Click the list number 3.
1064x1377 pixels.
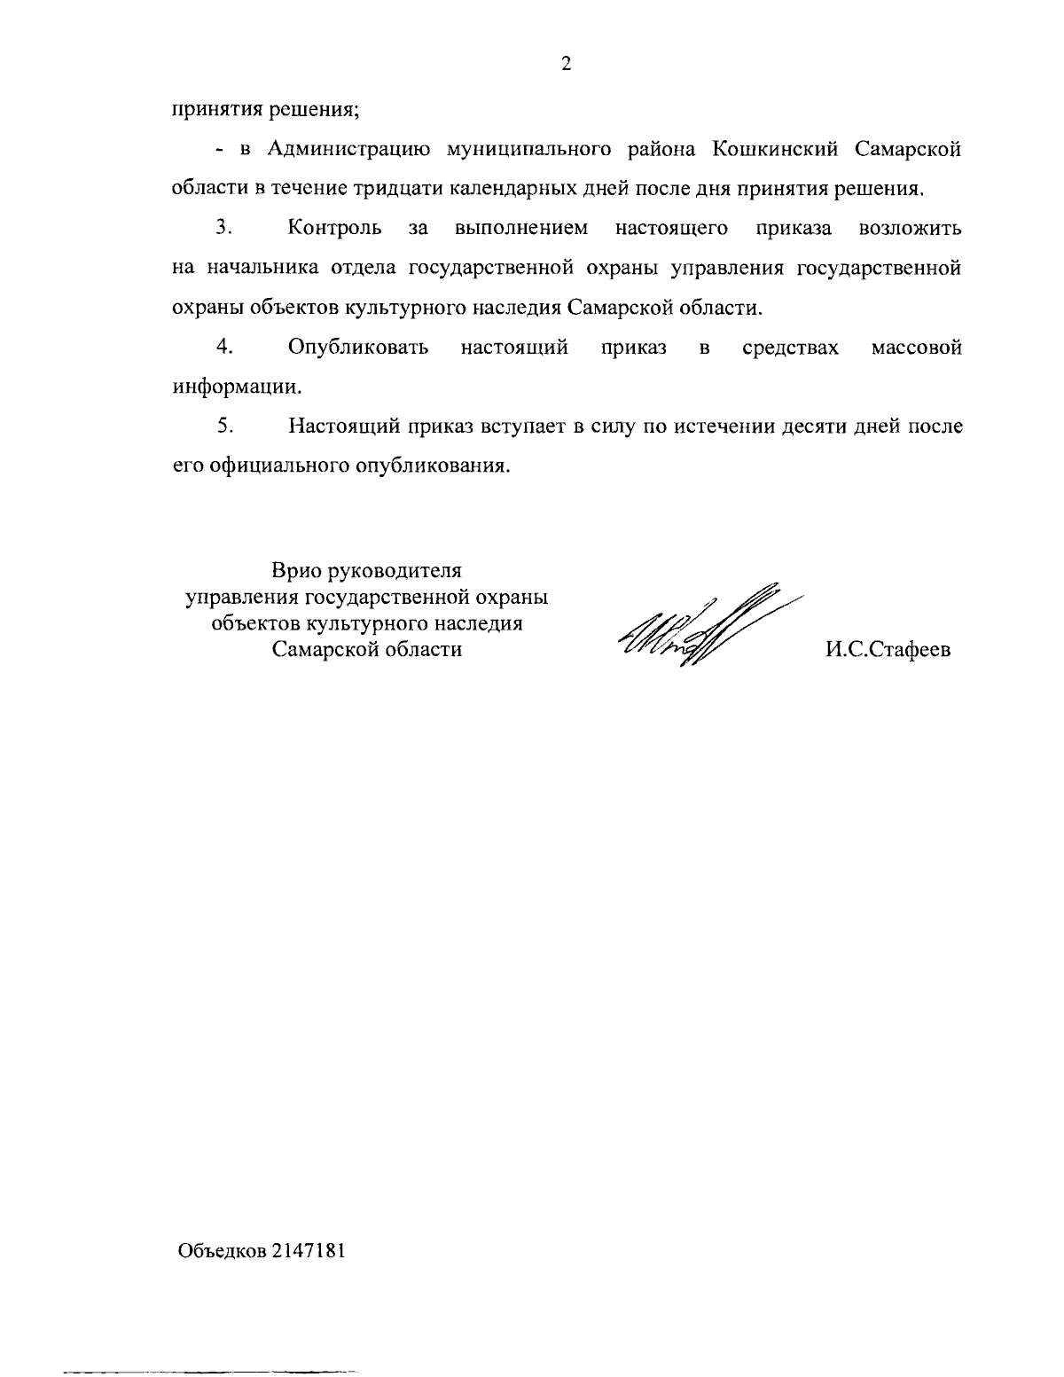(223, 228)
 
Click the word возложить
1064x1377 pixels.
(911, 228)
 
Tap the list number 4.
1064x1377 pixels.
(223, 347)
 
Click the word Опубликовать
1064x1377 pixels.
(358, 347)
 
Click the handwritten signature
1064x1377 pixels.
(700, 625)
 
